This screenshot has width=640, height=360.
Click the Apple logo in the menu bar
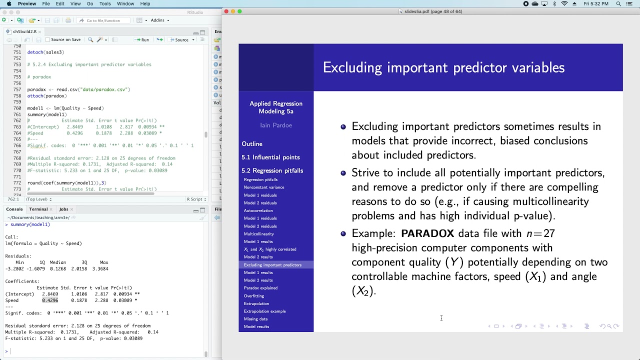9,3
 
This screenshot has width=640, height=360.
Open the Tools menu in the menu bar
105,3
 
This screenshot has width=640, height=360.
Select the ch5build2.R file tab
24,31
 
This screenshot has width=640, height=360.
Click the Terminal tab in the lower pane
38,209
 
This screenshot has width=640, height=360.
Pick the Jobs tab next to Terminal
63,209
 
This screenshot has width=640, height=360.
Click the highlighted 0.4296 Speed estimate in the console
50,300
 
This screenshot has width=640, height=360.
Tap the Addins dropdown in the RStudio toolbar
159,20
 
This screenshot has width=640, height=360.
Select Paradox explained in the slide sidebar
260,288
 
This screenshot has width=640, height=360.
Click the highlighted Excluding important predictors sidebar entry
272,265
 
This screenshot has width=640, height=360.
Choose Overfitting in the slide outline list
254,296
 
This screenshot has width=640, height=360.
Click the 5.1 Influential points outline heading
270,157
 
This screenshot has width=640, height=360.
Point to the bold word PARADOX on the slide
427,233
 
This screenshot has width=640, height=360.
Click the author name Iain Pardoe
276,125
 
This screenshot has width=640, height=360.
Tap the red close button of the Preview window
226,11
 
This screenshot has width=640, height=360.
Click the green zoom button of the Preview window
239,11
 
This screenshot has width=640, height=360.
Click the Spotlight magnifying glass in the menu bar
618,3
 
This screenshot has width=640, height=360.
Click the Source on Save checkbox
48,39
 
